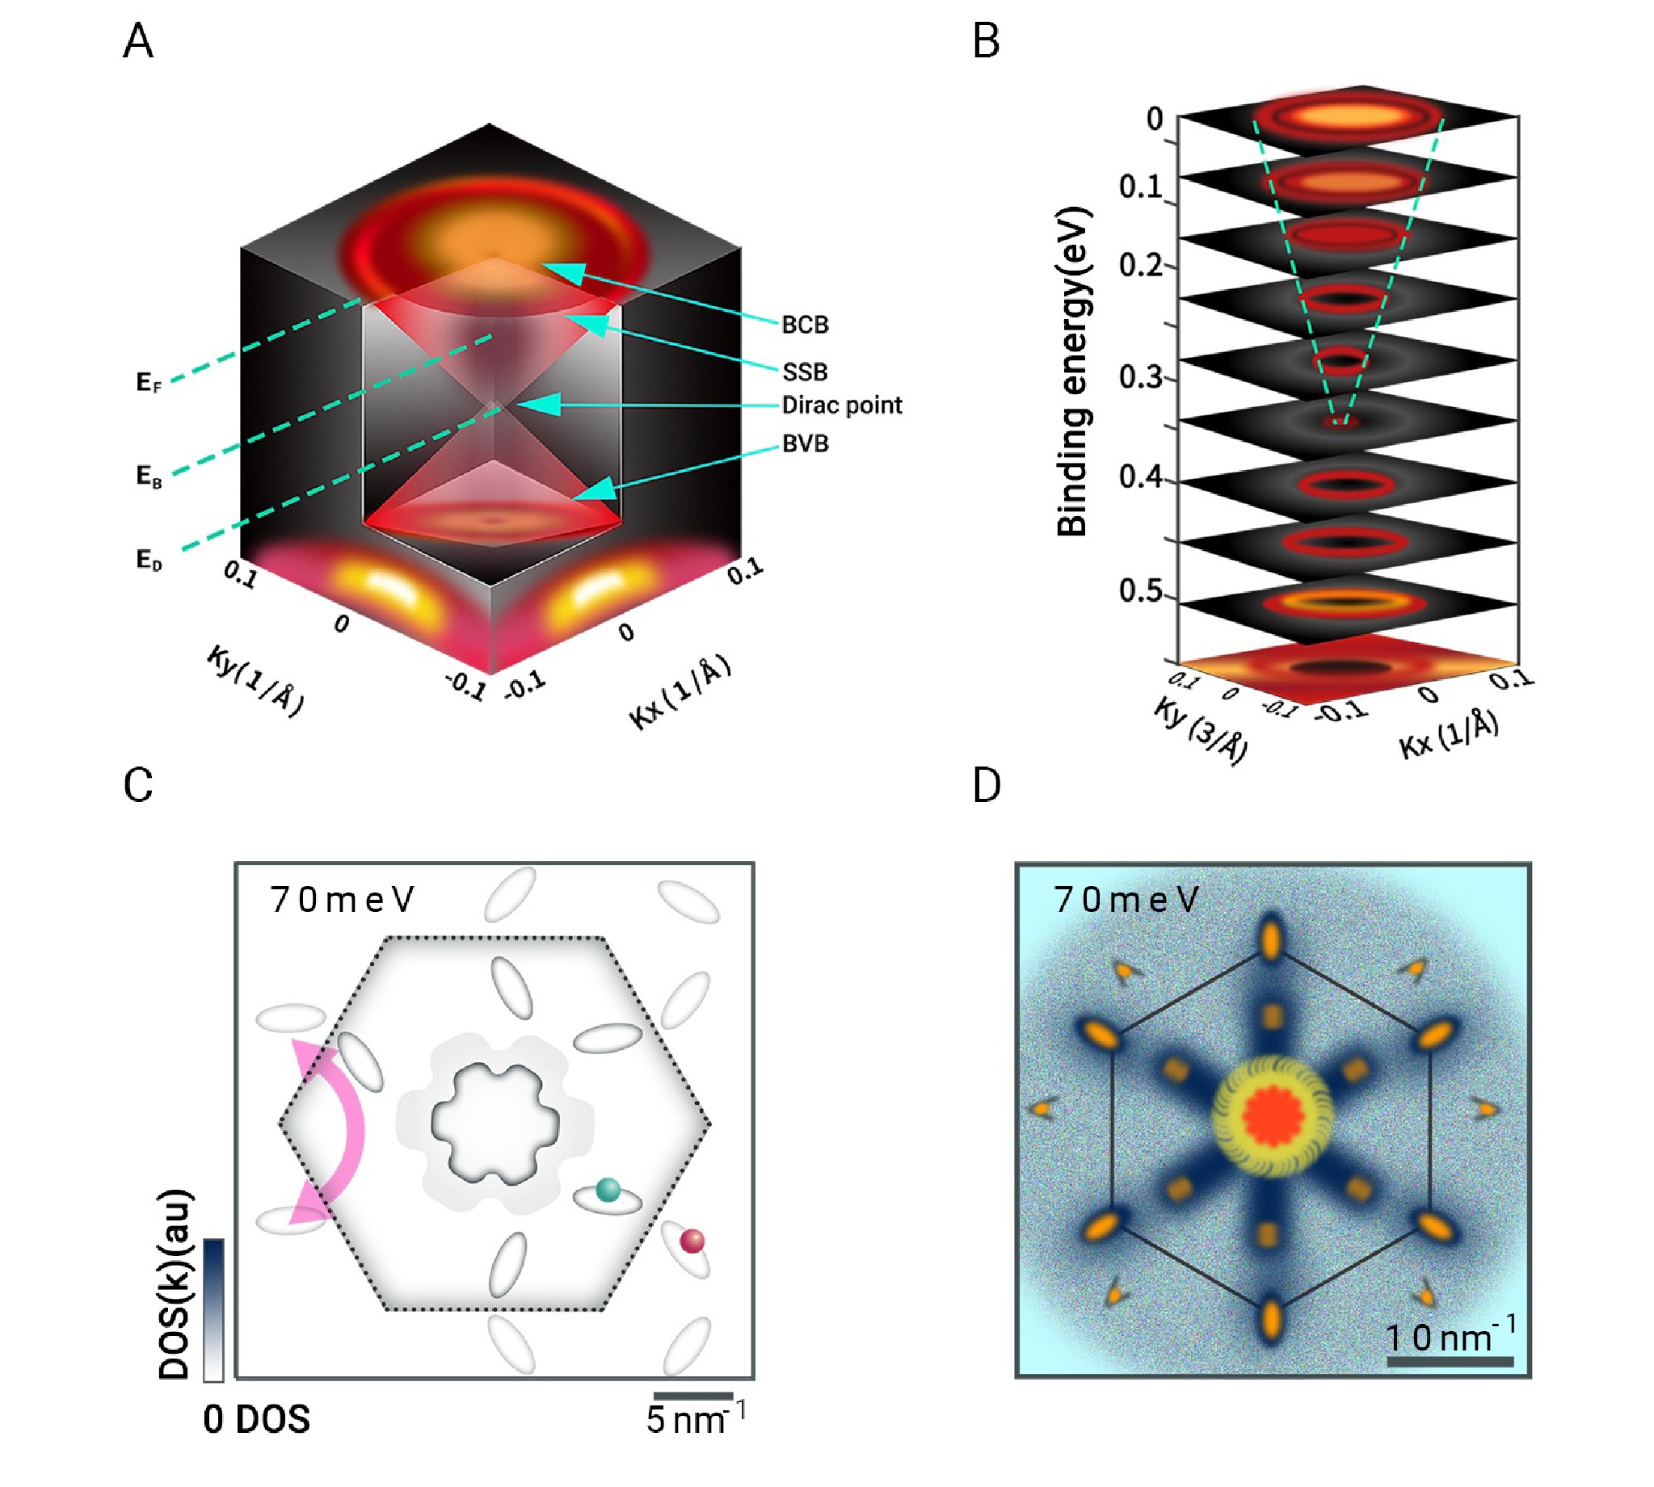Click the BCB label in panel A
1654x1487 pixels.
805,326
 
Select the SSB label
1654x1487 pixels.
805,372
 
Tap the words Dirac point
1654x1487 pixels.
842,405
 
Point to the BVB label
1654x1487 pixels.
805,443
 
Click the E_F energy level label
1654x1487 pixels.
149,382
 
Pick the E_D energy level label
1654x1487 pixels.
149,561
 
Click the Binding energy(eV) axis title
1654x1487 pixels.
1073,372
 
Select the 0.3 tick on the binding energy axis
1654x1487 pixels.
1140,376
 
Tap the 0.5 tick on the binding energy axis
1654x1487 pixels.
1140,590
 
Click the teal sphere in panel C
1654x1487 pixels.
608,1189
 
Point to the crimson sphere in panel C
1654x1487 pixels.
692,1241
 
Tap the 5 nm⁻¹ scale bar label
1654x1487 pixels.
695,1420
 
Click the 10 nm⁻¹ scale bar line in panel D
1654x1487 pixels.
1450,1360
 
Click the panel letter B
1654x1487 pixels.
987,41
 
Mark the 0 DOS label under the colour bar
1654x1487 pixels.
257,1419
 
